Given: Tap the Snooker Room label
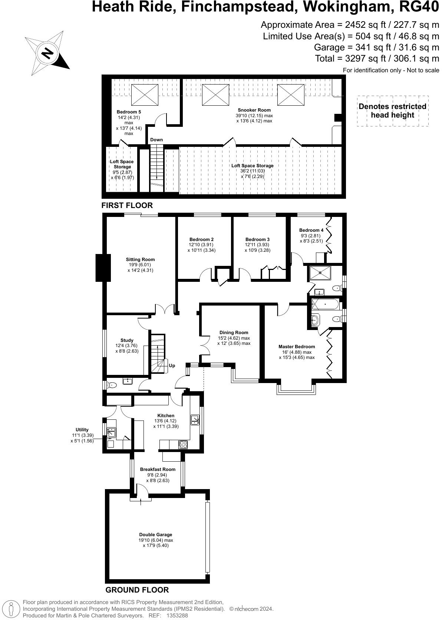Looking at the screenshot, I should [x=254, y=110].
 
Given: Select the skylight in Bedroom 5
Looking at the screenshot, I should [x=145, y=95].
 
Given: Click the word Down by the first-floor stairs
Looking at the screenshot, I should [x=156, y=140].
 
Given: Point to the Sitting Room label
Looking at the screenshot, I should [x=140, y=260].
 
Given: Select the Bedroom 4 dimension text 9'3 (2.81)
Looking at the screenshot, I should [x=311, y=235].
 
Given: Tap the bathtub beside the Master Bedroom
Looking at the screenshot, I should [x=325, y=304].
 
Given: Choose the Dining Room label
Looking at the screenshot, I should [x=234, y=333].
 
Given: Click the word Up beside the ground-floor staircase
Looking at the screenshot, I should [x=172, y=366].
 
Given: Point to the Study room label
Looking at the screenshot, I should [x=127, y=340].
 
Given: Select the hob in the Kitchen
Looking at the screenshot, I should [x=183, y=444].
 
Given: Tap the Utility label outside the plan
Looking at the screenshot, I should [x=82, y=430].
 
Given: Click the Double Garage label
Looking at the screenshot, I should [x=155, y=535].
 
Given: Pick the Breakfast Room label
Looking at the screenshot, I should [x=158, y=469].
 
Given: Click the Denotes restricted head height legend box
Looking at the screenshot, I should [x=392, y=111].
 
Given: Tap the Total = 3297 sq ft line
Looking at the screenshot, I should [x=377, y=59].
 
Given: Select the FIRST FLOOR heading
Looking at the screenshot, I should [x=127, y=205].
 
